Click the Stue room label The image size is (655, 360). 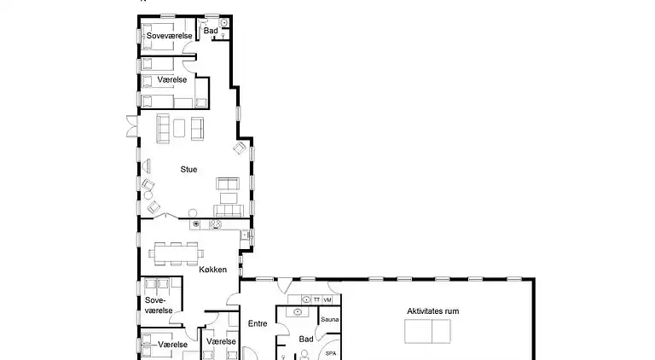point(188,169)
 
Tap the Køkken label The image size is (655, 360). point(212,270)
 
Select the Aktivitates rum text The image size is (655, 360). point(432,311)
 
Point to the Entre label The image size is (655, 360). point(258,323)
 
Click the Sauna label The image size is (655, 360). point(329,320)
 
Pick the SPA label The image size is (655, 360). point(330,353)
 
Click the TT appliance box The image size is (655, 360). point(316,299)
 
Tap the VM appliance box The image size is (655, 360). point(327,299)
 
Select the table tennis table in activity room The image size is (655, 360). point(427,331)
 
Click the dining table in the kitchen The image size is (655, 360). point(176,253)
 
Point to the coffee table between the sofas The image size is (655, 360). point(179,128)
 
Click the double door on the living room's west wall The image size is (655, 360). point(132,126)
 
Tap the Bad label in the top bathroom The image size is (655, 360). point(211,31)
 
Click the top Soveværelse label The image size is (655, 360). point(169,36)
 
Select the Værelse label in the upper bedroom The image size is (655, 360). point(172,79)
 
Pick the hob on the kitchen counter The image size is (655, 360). point(216,224)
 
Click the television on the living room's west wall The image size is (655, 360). point(146,166)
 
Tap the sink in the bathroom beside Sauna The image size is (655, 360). point(298,311)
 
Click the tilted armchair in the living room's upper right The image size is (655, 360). point(240,148)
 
